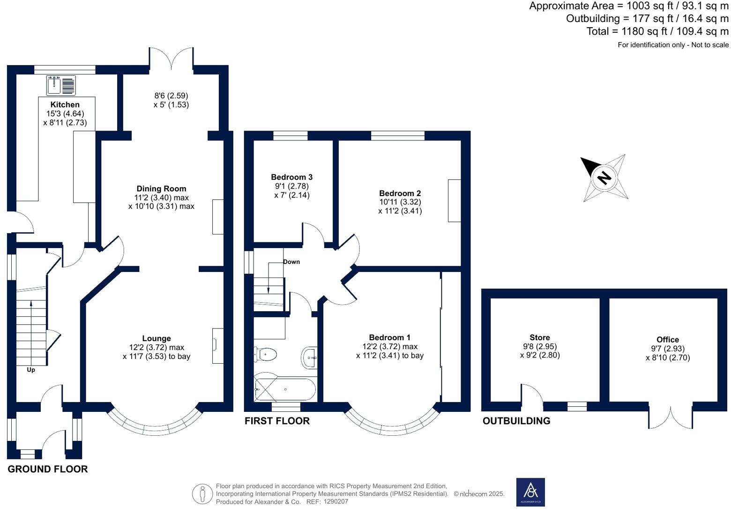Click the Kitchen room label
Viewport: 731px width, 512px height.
point(65,105)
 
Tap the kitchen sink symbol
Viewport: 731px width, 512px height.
point(61,85)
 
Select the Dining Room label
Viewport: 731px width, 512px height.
point(161,189)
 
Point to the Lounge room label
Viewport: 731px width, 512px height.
point(157,338)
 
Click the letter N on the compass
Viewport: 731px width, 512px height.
point(604,178)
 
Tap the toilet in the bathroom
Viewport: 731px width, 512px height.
point(265,354)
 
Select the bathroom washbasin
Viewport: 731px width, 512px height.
point(309,358)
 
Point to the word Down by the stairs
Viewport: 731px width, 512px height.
point(291,262)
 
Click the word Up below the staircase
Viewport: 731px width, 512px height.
point(30,370)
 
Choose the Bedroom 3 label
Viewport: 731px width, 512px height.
point(292,177)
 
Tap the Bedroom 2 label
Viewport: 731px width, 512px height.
point(400,193)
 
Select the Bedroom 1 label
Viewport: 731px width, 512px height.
point(390,337)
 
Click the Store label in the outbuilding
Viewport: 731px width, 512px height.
point(540,337)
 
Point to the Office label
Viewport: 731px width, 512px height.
point(668,340)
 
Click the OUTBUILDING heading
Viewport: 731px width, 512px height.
point(516,421)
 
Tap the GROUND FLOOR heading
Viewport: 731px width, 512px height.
point(48,469)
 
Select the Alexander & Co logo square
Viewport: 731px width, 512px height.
point(530,492)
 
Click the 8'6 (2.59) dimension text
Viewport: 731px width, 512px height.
point(172,95)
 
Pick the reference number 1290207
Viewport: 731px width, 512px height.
point(336,502)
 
